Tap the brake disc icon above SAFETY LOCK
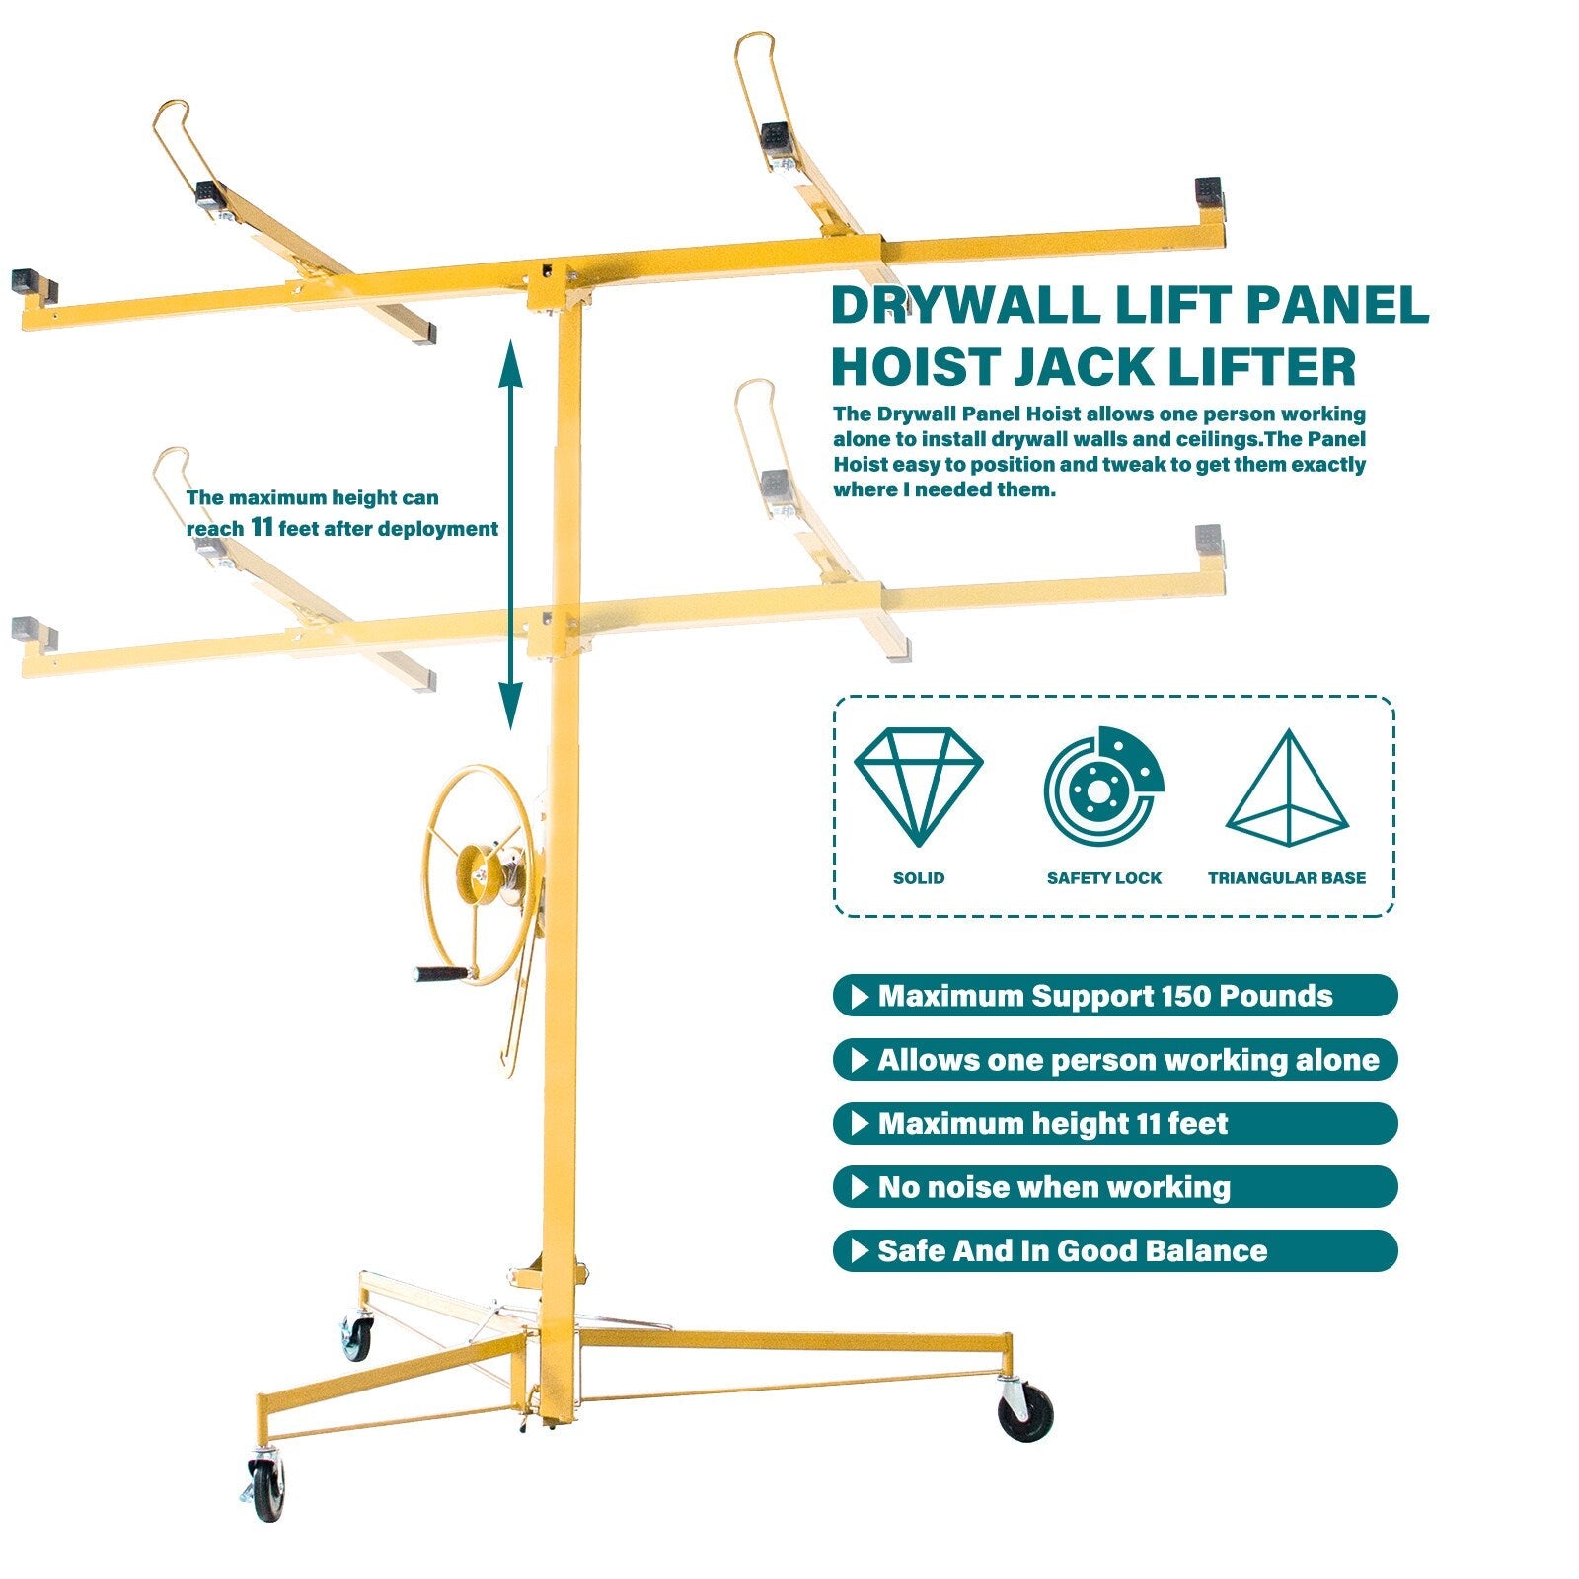pos(1103,788)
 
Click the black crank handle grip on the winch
pos(440,974)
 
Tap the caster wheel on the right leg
pos(1025,1413)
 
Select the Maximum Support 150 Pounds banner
pos(1115,996)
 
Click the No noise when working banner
pos(1115,1187)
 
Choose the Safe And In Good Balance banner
pos(1115,1251)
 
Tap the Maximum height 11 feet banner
pos(1115,1124)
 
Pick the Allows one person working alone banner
pos(1115,1060)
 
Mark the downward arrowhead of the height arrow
pos(510,707)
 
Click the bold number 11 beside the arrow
pos(262,527)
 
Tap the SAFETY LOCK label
pos(1104,878)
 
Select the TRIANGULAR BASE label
pos(1287,878)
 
